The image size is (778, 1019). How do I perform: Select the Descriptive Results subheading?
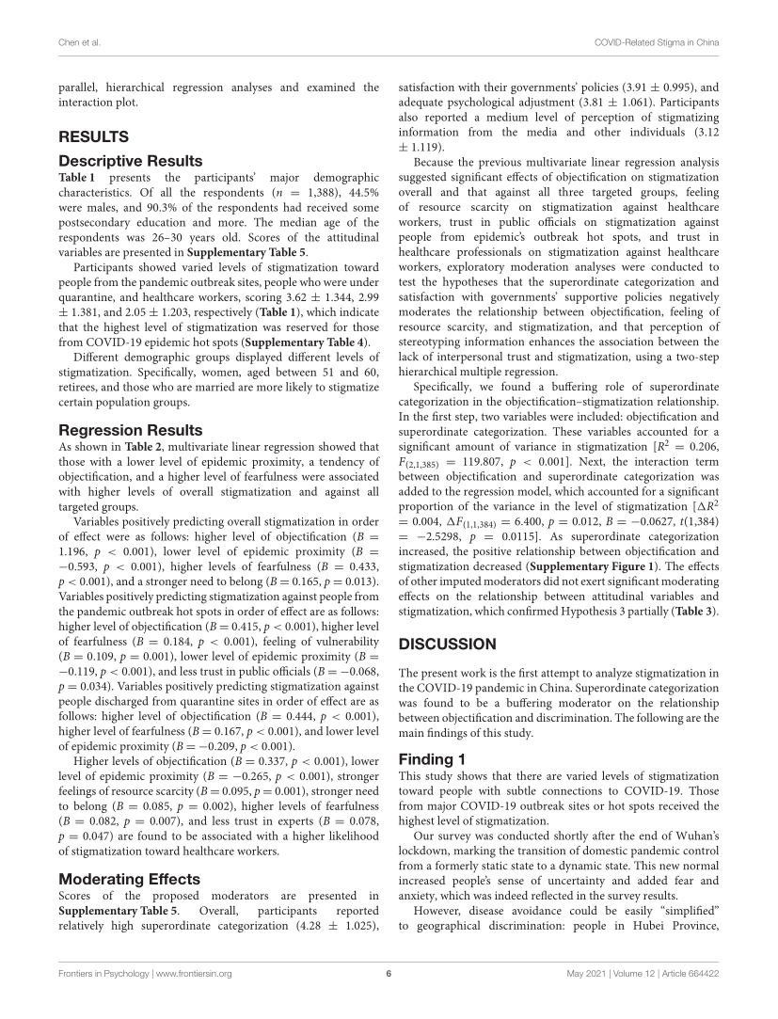(x=130, y=161)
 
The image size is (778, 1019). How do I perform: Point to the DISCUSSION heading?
(x=449, y=645)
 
